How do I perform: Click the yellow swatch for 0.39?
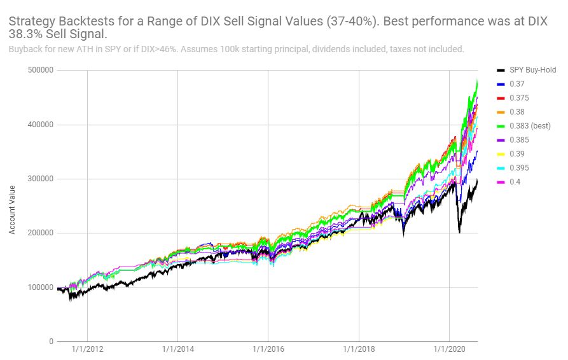tap(501, 154)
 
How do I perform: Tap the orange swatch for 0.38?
tap(501, 112)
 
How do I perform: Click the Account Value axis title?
tap(12, 211)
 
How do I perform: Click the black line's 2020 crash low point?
tap(459, 233)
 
